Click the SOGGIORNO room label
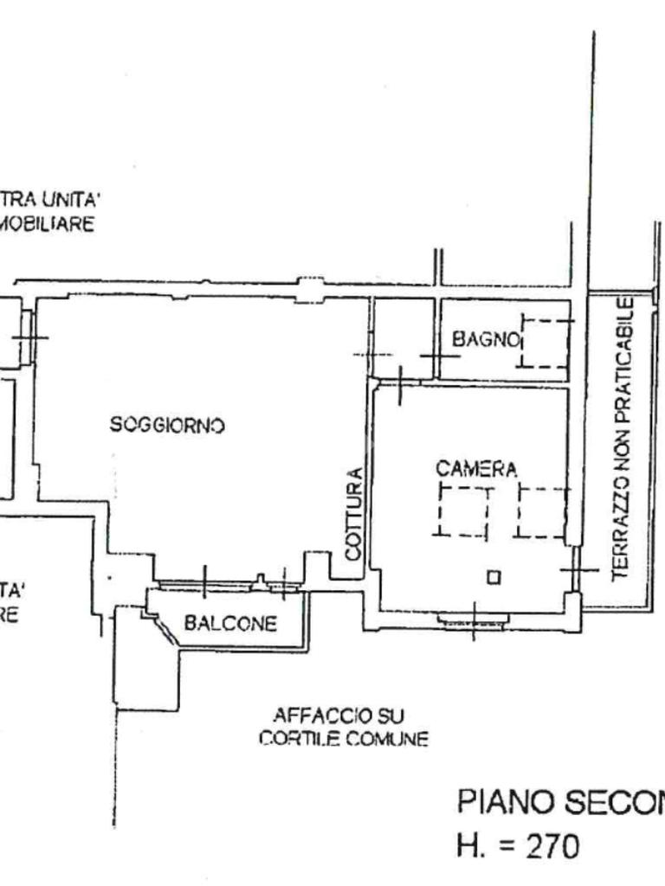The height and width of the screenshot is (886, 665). tap(167, 425)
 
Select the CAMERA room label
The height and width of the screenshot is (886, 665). tap(476, 470)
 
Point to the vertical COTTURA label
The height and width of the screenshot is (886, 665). tap(352, 513)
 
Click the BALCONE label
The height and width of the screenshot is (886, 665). tap(230, 623)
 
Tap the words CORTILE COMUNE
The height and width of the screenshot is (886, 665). tap(344, 741)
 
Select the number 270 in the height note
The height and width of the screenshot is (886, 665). tap(549, 845)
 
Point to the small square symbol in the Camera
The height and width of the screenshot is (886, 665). tap(493, 577)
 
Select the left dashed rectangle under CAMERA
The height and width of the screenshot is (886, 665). tap(463, 511)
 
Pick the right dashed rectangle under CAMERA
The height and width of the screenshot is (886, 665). tap(542, 511)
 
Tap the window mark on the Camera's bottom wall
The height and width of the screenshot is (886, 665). tap(472, 620)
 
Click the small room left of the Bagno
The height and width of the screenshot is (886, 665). tap(403, 337)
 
